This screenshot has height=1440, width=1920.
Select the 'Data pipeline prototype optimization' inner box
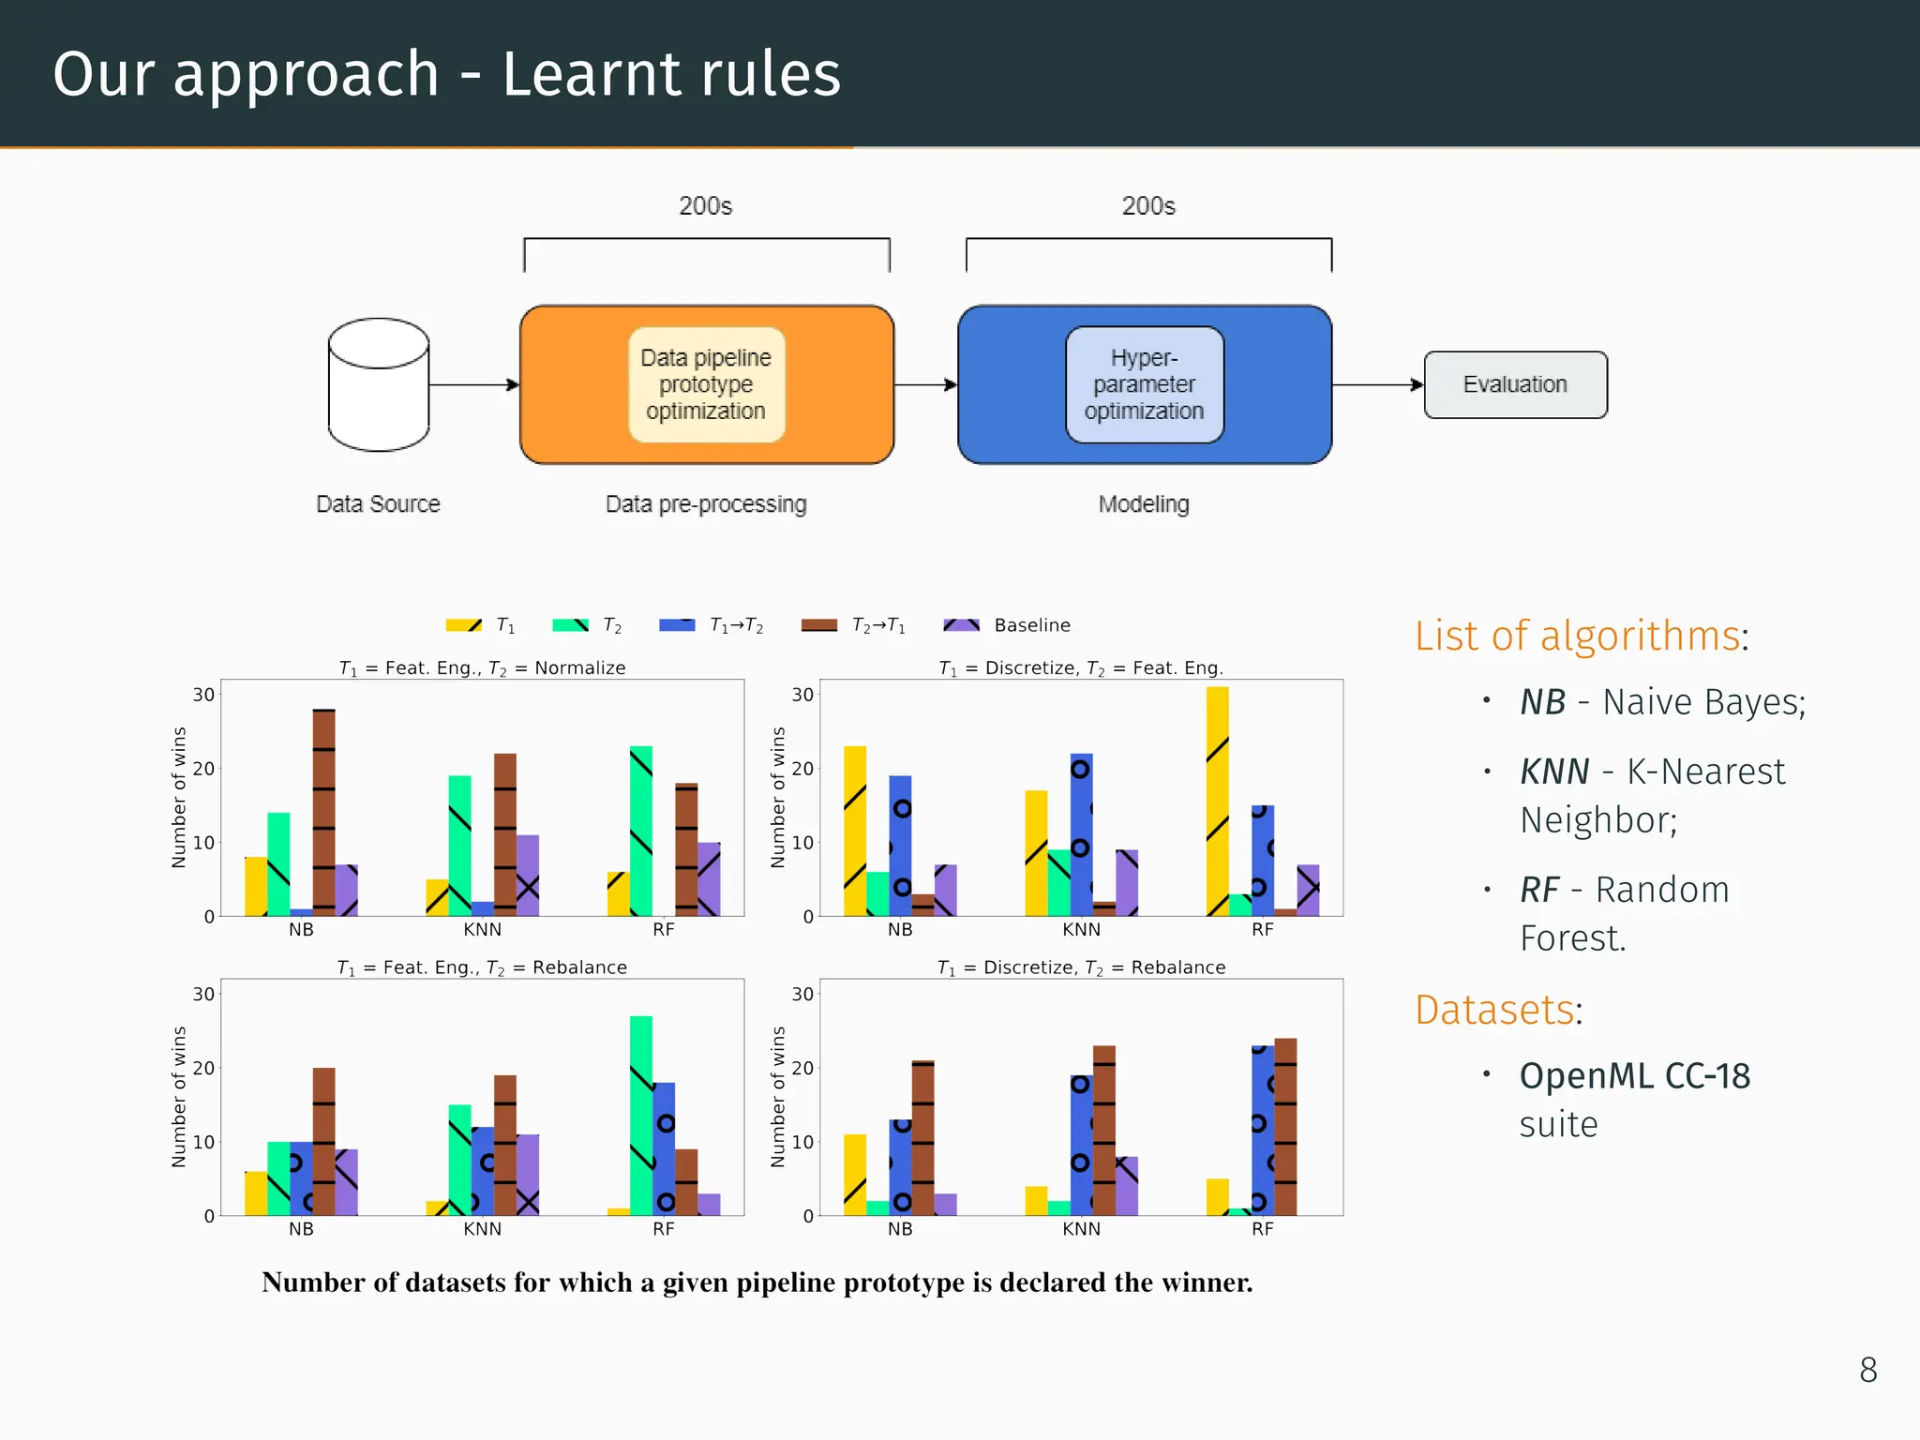[x=706, y=384]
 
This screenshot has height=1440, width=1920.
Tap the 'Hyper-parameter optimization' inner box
[x=1144, y=384]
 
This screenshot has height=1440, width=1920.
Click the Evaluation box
[x=1515, y=384]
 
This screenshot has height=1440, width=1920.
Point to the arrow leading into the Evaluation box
[x=1378, y=384]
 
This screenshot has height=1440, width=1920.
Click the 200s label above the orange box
[x=705, y=205]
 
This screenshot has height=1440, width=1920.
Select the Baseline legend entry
[x=1008, y=625]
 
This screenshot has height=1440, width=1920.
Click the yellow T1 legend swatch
[x=464, y=625]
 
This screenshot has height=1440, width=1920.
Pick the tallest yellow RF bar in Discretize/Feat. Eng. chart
[x=1217, y=802]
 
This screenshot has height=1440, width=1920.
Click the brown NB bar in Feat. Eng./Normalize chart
[x=323, y=812]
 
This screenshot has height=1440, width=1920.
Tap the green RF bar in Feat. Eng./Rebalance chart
[x=641, y=1116]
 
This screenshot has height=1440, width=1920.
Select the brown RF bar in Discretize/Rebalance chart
[x=1285, y=1126]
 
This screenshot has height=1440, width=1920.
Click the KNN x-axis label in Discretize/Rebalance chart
[x=1081, y=1229]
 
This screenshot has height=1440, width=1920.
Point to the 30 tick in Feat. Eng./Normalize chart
[x=203, y=695]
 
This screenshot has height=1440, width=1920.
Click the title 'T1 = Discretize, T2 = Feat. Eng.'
[x=1081, y=667]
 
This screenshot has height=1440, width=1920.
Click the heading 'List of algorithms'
[x=1579, y=636]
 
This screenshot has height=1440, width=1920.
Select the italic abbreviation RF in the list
[x=1539, y=890]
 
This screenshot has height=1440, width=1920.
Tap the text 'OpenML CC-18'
[x=1634, y=1076]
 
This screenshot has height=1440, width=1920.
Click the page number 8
[x=1867, y=1370]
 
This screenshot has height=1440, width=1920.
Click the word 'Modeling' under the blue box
[x=1144, y=504]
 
